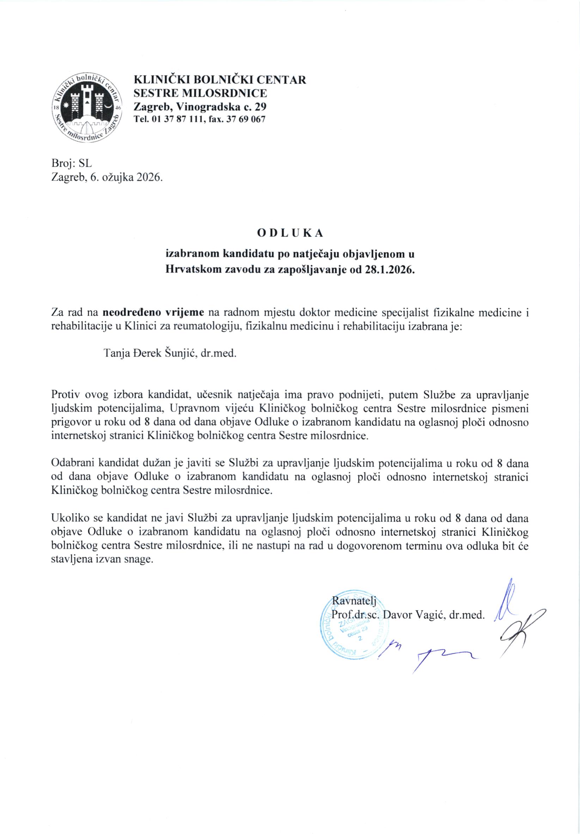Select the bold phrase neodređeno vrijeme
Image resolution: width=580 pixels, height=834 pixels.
coord(154,312)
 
